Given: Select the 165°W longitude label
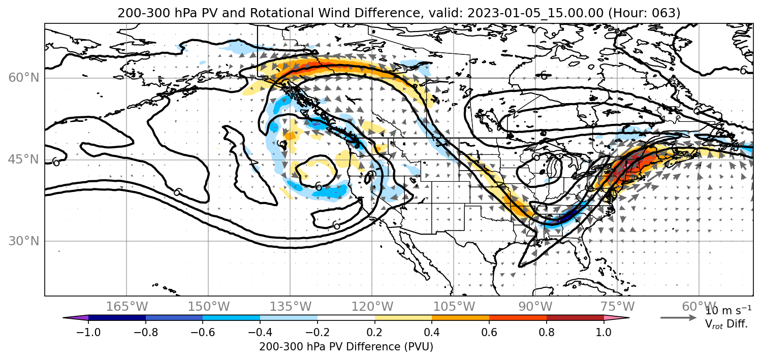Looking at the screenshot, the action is pyautogui.click(x=126, y=307).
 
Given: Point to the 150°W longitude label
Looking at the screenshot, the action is pyautogui.click(x=209, y=307).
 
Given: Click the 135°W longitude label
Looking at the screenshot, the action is pyautogui.click(x=291, y=307).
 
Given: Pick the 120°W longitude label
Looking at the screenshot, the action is pyautogui.click(x=372, y=307).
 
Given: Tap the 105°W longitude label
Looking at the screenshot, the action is pyautogui.click(x=454, y=307).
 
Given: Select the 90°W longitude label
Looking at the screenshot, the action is pyautogui.click(x=535, y=307).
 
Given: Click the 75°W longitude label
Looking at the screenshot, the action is pyautogui.click(x=617, y=307).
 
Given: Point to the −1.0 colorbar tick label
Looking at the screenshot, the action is pyautogui.click(x=88, y=332).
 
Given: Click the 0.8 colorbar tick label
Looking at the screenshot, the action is pyautogui.click(x=547, y=332).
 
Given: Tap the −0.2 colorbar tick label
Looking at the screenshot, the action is pyautogui.click(x=318, y=332).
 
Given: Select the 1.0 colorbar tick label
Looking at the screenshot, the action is pyautogui.click(x=604, y=332).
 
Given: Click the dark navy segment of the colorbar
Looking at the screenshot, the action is pyautogui.click(x=117, y=318).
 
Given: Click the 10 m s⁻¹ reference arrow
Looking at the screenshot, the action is pyautogui.click(x=678, y=318).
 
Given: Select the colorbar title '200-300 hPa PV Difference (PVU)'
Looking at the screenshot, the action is pyautogui.click(x=346, y=347).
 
